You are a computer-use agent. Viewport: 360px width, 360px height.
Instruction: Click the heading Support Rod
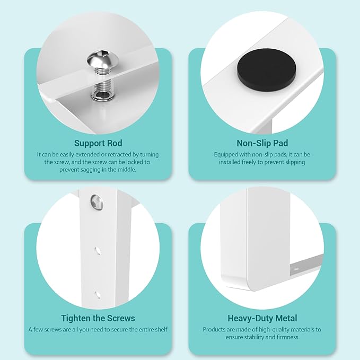(98, 143)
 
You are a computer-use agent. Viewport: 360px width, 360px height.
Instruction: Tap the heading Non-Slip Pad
(262, 143)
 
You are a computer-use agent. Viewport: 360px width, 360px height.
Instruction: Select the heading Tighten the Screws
(98, 318)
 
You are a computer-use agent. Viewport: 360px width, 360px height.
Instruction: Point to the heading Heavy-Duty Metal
(262, 319)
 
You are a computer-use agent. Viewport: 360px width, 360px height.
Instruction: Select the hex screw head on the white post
(96, 203)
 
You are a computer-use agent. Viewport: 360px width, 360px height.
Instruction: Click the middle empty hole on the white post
(98, 251)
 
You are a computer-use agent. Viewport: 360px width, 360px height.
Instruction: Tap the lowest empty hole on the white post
(98, 295)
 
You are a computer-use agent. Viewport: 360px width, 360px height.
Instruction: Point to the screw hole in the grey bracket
(296, 268)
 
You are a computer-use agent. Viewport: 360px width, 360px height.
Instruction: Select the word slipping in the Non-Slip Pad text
(295, 162)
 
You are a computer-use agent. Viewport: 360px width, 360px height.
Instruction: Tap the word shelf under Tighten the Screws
(161, 329)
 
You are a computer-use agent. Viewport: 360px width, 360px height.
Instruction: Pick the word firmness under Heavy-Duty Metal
(287, 337)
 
